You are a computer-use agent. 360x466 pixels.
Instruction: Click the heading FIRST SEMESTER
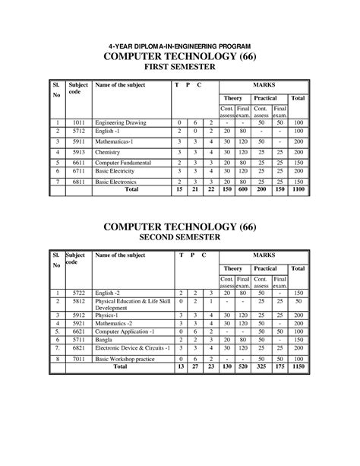coord(180,67)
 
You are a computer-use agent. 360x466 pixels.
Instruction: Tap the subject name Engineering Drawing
coord(121,122)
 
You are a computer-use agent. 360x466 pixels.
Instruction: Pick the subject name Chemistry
coord(109,152)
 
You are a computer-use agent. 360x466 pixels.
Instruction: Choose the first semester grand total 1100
coord(298,191)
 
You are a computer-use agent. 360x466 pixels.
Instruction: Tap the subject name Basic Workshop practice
coord(125,357)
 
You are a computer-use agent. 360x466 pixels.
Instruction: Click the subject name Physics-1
coord(108,313)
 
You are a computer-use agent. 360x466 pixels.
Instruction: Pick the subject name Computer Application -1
coord(125,331)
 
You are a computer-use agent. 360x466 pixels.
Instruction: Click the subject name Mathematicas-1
coord(116,141)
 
